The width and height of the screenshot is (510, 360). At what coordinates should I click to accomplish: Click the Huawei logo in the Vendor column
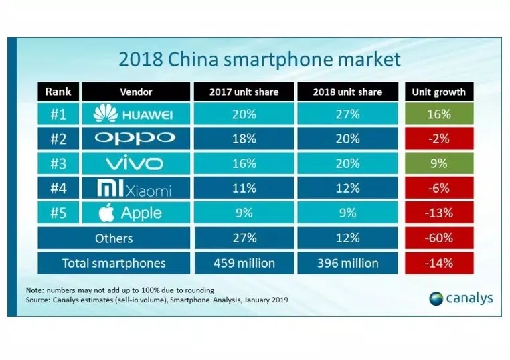pyautogui.click(x=136, y=115)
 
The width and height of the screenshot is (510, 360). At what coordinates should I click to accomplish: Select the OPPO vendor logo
pyautogui.click(x=136, y=139)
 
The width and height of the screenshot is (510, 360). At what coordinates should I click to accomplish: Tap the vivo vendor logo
pyautogui.click(x=136, y=164)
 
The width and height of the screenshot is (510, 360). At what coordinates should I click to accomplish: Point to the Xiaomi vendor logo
pyautogui.click(x=136, y=189)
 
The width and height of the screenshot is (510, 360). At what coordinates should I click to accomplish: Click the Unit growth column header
pyautogui.click(x=438, y=92)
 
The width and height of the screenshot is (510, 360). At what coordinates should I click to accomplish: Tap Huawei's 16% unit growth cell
pyautogui.click(x=438, y=115)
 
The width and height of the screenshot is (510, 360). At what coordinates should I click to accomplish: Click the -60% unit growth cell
pyautogui.click(x=438, y=238)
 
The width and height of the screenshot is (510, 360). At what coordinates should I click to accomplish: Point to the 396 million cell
pyautogui.click(x=347, y=263)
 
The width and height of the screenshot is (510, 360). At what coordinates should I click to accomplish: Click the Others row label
pyautogui.click(x=114, y=238)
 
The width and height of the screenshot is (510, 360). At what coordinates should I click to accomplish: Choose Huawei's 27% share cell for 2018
pyautogui.click(x=347, y=115)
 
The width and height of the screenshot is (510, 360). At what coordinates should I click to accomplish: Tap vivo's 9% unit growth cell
pyautogui.click(x=438, y=164)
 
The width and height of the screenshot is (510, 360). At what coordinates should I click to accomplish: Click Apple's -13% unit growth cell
pyautogui.click(x=438, y=213)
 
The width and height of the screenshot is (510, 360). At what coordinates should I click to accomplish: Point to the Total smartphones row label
pyautogui.click(x=114, y=263)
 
